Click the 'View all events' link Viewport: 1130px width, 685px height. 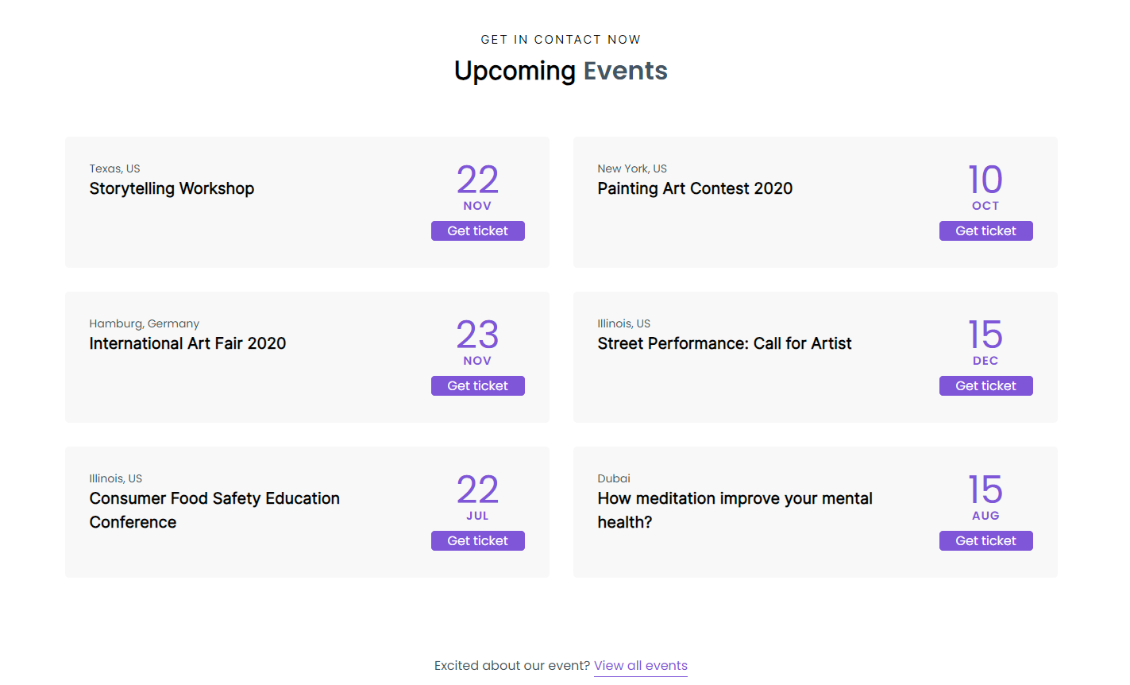coord(640,666)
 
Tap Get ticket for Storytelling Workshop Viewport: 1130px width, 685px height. coord(477,231)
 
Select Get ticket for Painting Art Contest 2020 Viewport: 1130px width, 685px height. coord(985,231)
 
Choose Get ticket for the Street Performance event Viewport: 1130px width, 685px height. coord(985,386)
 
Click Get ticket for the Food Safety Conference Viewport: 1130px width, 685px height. coord(477,541)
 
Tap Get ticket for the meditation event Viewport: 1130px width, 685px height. coord(985,541)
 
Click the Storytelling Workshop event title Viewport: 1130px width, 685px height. coord(172,189)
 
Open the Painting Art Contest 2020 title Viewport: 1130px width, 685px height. coord(695,189)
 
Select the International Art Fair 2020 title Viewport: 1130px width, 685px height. coord(187,344)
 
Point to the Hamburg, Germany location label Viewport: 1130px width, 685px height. coord(144,323)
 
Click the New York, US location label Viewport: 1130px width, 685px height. coord(632,168)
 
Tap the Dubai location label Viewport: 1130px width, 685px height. coord(614,478)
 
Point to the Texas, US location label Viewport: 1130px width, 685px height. coord(114,168)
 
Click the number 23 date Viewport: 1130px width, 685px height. coord(477,335)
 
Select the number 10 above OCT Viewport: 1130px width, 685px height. coord(985,180)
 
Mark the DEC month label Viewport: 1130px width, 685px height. coord(985,361)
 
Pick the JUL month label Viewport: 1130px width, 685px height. coord(477,516)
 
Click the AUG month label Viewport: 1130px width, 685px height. coord(985,516)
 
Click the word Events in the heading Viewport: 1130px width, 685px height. coord(625,72)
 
